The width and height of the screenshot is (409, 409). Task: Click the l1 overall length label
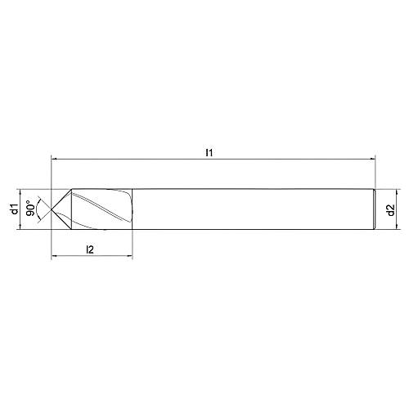pyautogui.click(x=210, y=152)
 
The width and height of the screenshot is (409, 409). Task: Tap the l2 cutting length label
pyautogui.click(x=91, y=249)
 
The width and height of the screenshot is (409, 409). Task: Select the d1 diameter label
pyautogui.click(x=14, y=209)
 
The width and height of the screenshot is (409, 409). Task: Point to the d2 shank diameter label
pyautogui.click(x=391, y=209)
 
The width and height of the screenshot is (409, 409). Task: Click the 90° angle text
pyautogui.click(x=30, y=209)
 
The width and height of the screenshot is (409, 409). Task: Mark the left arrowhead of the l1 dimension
pyautogui.click(x=54, y=160)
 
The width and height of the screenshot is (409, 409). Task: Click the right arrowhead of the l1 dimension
pyautogui.click(x=371, y=160)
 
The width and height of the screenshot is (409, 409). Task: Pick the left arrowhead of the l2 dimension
pyautogui.click(x=54, y=258)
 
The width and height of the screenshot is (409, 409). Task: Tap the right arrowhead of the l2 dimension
pyautogui.click(x=128, y=258)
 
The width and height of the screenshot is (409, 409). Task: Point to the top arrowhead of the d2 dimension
pyautogui.click(x=382, y=192)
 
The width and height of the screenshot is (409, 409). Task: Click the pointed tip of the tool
pyautogui.click(x=52, y=209)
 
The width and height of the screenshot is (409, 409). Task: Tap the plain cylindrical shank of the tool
pyautogui.click(x=245, y=209)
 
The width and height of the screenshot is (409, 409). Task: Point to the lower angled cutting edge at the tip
pyautogui.click(x=61, y=220)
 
